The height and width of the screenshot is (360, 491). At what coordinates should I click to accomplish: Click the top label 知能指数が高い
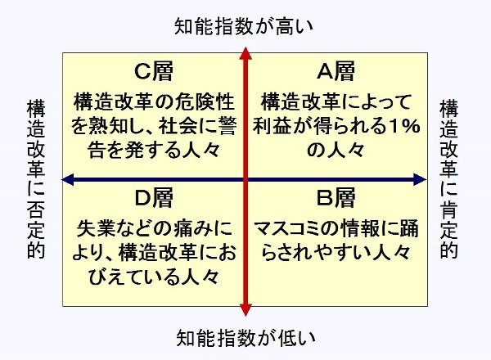tap(244, 26)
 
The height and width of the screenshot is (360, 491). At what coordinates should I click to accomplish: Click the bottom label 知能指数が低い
tap(245, 338)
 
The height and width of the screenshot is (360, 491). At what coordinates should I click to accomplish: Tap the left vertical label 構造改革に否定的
tap(36, 179)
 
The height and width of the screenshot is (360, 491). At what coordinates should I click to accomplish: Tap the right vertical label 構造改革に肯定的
tap(448, 179)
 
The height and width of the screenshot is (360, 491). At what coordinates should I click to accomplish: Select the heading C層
tap(154, 71)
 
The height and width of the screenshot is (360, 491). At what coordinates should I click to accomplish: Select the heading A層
tap(336, 71)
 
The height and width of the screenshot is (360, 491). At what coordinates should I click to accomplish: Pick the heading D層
tap(154, 198)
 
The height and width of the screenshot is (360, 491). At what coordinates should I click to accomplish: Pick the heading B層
tap(336, 198)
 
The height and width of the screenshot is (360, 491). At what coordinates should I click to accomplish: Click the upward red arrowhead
tap(245, 53)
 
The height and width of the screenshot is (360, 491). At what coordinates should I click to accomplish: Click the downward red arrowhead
tap(245, 309)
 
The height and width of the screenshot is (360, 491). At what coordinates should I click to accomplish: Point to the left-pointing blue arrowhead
tap(68, 179)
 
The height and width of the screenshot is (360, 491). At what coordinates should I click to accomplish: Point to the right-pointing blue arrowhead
tap(420, 179)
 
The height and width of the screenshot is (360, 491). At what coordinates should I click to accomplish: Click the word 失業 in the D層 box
tap(93, 229)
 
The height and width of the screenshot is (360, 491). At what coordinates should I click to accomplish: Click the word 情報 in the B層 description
tap(358, 229)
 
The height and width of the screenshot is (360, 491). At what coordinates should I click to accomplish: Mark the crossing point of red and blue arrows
tap(245, 179)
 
